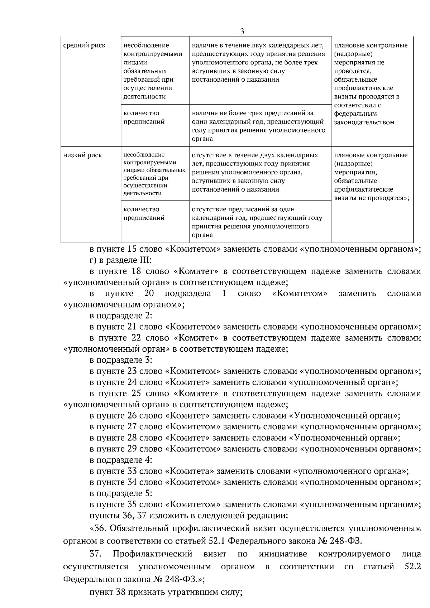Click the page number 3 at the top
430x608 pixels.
click(x=242, y=32)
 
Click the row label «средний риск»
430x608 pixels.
click(x=84, y=45)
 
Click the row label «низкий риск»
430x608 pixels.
click(x=82, y=155)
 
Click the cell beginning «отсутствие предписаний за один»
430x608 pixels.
click(x=257, y=222)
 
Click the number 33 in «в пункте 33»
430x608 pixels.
click(x=132, y=471)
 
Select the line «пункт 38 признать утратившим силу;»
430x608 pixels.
click(x=166, y=592)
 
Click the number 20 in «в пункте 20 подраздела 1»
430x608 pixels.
click(x=149, y=294)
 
